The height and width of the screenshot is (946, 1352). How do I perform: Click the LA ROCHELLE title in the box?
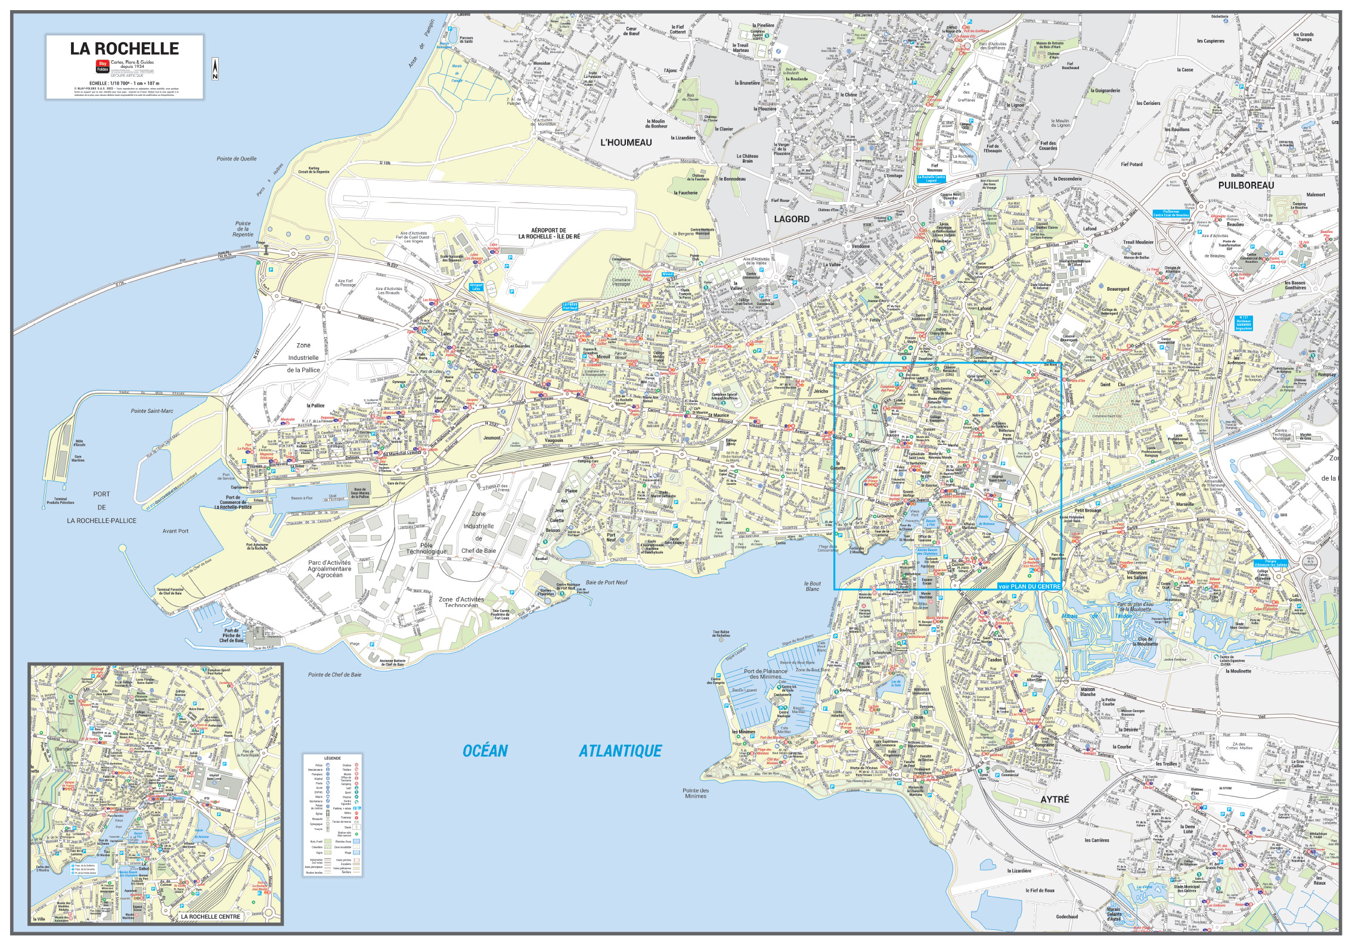point(124,49)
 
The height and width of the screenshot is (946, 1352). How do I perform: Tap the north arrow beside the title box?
point(215,69)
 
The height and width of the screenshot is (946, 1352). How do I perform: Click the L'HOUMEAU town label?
point(626,142)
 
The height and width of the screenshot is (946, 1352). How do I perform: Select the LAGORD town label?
point(791,219)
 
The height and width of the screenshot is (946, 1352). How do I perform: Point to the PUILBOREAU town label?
point(1246,185)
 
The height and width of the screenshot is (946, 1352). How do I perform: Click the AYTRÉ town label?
point(1055,799)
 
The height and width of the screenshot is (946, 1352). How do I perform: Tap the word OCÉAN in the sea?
point(485,751)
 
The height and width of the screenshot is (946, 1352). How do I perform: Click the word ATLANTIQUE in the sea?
point(620,751)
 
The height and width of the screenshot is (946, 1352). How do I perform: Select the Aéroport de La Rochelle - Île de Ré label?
point(548,233)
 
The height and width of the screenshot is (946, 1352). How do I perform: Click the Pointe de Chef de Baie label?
point(334,675)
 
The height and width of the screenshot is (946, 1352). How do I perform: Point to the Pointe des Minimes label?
point(695,793)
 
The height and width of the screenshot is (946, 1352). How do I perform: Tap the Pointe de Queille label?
point(236,158)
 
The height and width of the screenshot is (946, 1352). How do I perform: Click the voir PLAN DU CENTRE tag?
point(1029,586)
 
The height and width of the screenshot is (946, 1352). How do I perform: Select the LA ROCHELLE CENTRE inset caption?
point(210,916)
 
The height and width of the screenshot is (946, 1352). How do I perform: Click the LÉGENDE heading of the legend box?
point(332,758)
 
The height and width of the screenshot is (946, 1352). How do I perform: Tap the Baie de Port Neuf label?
point(607,582)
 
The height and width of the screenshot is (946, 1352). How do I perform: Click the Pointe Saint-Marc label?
point(152,411)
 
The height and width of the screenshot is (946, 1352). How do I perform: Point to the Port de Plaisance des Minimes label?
point(765,674)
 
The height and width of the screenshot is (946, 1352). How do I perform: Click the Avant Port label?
point(175,531)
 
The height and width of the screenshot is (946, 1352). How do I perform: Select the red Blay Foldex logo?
point(102,66)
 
